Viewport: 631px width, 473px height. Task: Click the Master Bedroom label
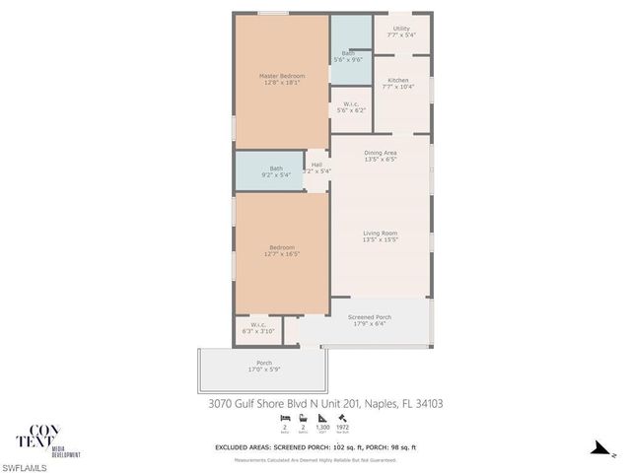[281, 79]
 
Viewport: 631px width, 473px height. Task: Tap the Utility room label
[400, 32]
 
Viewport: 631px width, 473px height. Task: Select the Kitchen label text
[398, 83]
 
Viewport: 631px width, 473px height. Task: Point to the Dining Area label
[380, 156]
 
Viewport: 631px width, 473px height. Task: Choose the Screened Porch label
[370, 320]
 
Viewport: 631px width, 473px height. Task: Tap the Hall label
[316, 168]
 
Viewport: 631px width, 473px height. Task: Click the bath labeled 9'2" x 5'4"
[276, 171]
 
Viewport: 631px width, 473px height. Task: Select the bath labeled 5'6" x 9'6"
[351, 56]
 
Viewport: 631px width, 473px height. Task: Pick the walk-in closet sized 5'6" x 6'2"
[351, 106]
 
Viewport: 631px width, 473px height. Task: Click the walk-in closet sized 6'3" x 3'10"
[258, 328]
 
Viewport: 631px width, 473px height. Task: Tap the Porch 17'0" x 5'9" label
[264, 366]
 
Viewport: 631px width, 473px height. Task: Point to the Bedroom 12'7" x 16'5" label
[281, 250]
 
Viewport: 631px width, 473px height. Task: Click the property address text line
[325, 402]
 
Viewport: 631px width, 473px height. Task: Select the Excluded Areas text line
[315, 447]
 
